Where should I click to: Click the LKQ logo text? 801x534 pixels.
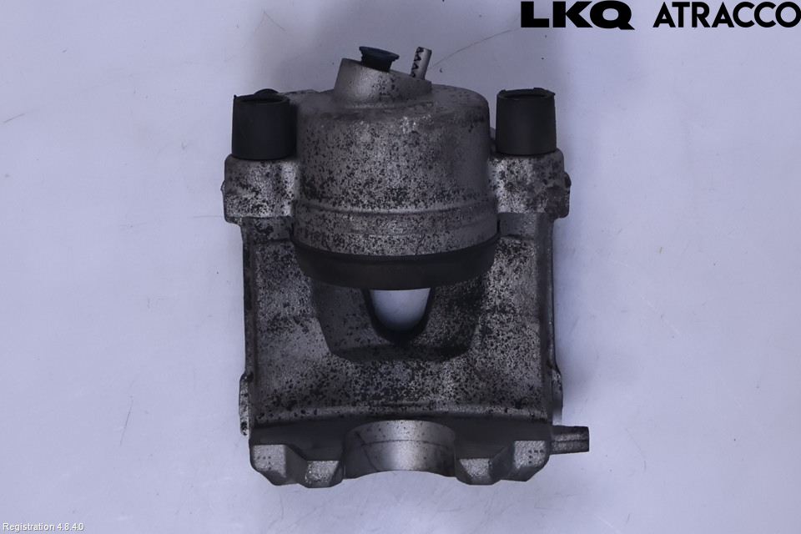577,16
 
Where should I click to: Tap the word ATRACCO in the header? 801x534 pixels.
727,15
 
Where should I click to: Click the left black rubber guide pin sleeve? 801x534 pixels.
260,126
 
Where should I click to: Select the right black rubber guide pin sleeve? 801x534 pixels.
526,122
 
